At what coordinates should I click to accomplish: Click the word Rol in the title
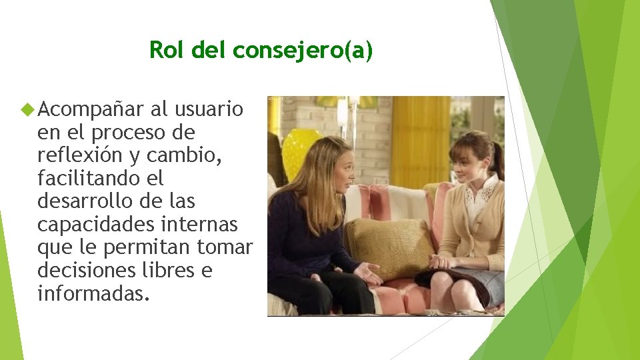162,50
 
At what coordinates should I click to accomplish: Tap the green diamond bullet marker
27,108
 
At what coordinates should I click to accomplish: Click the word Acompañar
91,109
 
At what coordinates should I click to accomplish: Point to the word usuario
211,109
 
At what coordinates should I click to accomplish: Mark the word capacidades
93,225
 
